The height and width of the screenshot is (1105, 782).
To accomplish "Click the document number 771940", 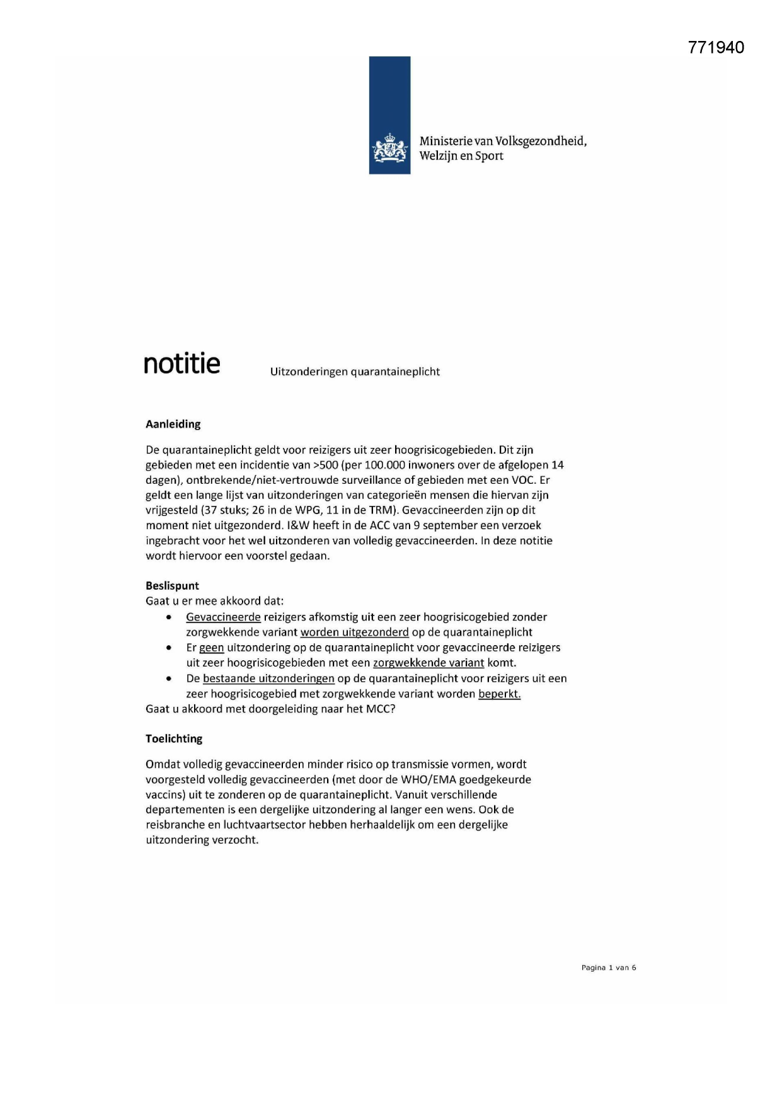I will coord(716,48).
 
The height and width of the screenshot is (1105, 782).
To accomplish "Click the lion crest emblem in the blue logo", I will coord(389,149).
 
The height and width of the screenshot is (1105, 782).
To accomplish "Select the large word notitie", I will coord(182,364).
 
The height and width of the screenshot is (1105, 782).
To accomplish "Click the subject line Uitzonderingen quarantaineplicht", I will coord(355,372).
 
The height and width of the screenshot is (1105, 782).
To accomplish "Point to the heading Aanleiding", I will coord(173,424).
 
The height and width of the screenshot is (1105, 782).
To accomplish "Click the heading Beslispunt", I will coord(172,585).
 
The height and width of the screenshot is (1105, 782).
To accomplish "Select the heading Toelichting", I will coord(174,738).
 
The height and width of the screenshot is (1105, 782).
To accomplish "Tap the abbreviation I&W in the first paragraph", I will coord(297,525).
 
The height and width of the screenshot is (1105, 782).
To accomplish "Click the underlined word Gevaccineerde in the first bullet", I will coord(223,617).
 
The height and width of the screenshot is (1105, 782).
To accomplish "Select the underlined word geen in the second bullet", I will coord(212,648).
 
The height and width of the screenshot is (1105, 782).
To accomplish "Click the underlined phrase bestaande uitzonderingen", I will coord(268,678).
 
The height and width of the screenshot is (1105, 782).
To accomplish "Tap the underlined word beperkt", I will coord(499,694).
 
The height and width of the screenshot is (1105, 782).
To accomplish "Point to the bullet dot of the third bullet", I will coord(169,679).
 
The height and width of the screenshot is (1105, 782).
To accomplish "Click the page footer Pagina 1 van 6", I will coord(608,968).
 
